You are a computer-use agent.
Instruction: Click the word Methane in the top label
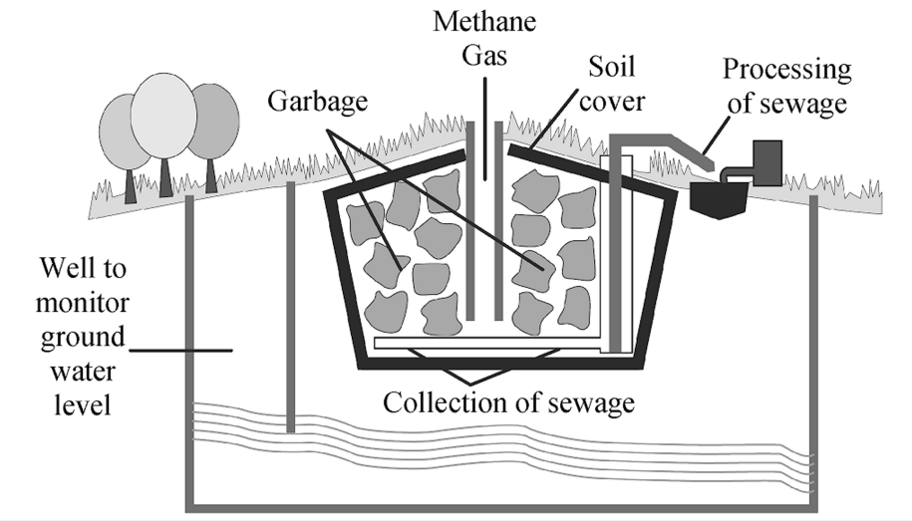(484, 22)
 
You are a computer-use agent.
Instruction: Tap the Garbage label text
(318, 102)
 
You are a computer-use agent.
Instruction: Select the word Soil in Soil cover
(611, 67)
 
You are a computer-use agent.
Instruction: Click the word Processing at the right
(787, 71)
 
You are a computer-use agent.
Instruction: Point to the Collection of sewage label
(508, 402)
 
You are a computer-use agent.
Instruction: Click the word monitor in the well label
(83, 303)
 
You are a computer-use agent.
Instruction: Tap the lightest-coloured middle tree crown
(162, 116)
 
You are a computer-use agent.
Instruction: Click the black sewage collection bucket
(719, 199)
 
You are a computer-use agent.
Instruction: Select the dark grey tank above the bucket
(767, 162)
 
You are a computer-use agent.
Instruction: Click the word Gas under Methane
(484, 56)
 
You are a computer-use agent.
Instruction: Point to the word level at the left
(83, 404)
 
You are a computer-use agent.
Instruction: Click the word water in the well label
(83, 371)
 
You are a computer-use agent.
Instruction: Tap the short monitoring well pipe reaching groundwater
(291, 307)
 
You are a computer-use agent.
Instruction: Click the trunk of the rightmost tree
(210, 175)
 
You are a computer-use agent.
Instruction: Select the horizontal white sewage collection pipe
(487, 343)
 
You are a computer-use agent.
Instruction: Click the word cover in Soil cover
(612, 102)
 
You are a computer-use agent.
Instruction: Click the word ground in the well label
(83, 339)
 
